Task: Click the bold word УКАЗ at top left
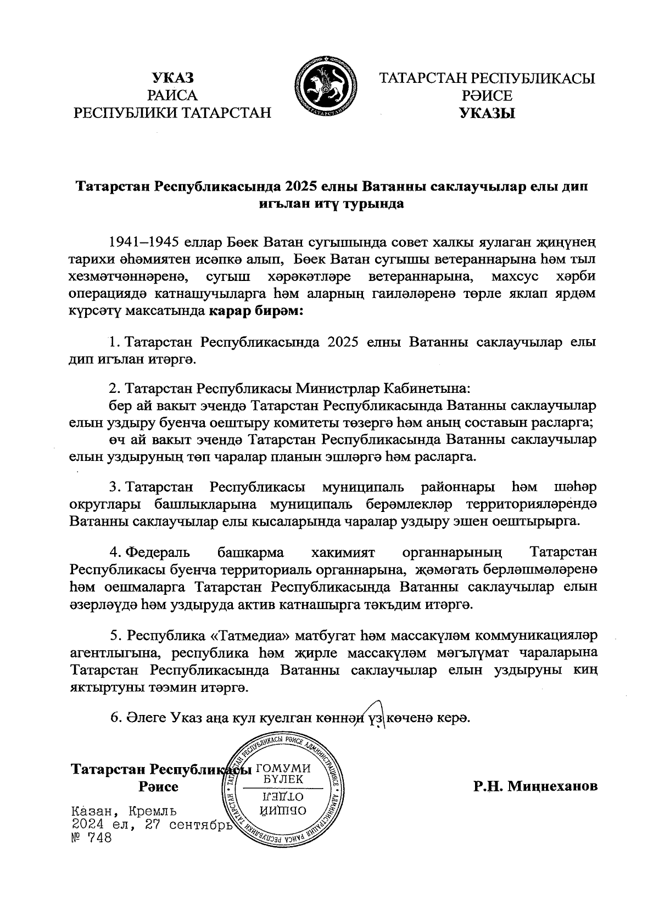tap(173, 78)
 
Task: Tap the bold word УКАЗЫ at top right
tap(487, 114)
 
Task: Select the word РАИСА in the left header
tap(173, 96)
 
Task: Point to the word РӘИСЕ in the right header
tap(487, 96)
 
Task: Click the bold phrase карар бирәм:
tap(255, 311)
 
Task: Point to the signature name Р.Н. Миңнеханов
tap(535, 786)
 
